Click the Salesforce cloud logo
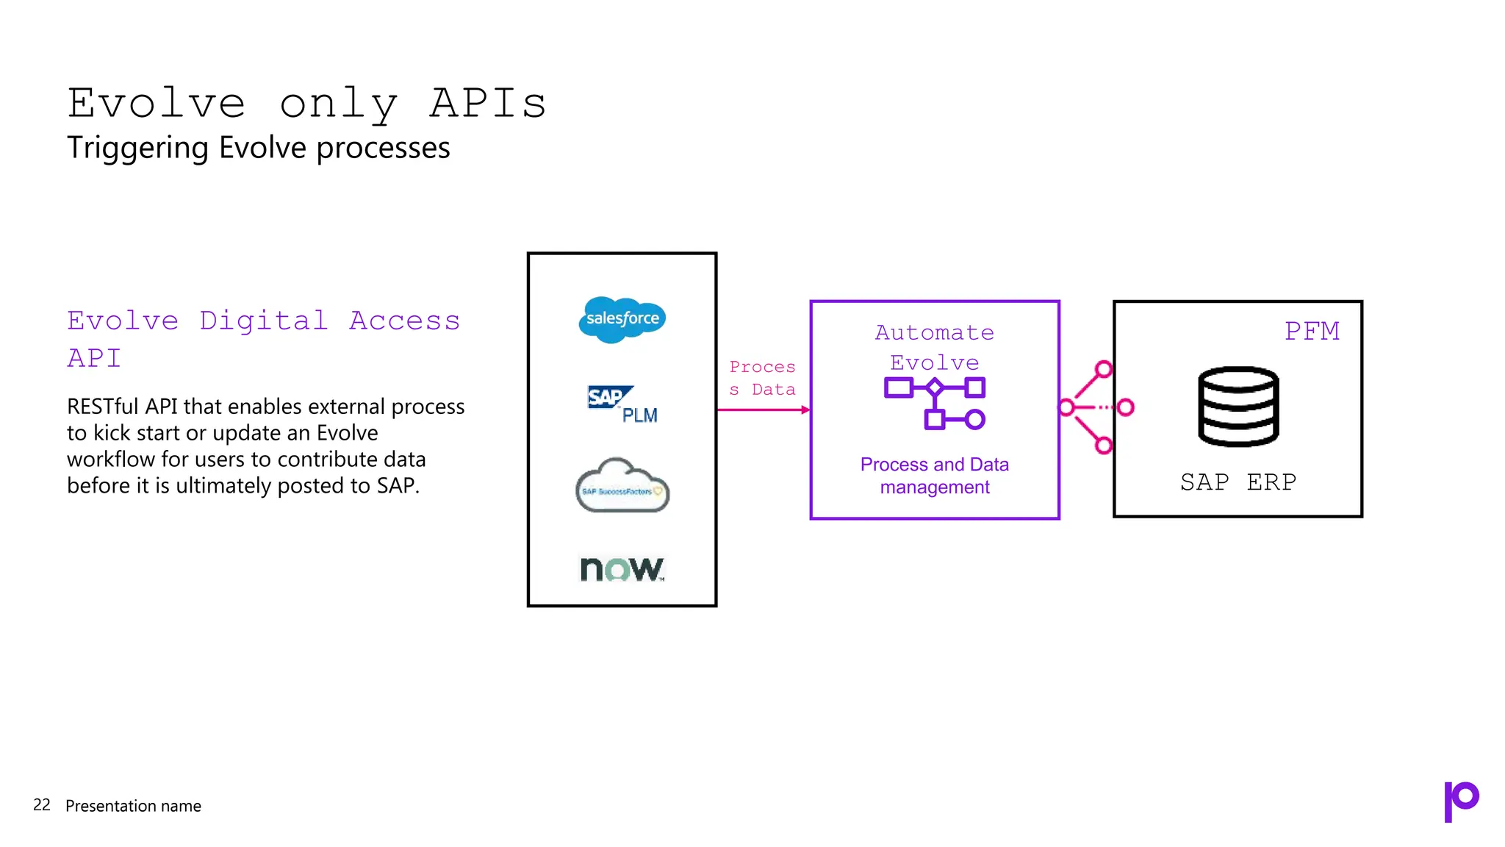point(622,319)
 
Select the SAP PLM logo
point(622,404)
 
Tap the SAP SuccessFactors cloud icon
point(622,486)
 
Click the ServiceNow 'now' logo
point(622,568)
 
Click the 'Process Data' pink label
point(762,378)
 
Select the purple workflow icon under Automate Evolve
point(934,402)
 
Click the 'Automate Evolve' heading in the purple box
point(934,347)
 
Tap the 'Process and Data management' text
point(934,476)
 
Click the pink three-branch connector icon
point(1096,407)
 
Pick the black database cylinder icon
point(1238,406)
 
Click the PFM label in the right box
point(1312,331)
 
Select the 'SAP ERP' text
point(1238,482)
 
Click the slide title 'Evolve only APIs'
point(306,103)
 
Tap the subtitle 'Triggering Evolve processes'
point(258,148)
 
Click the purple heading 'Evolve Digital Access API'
point(263,338)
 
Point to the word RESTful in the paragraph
point(103,407)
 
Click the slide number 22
point(42,805)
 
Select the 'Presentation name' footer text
point(133,806)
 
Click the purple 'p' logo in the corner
point(1461,801)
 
